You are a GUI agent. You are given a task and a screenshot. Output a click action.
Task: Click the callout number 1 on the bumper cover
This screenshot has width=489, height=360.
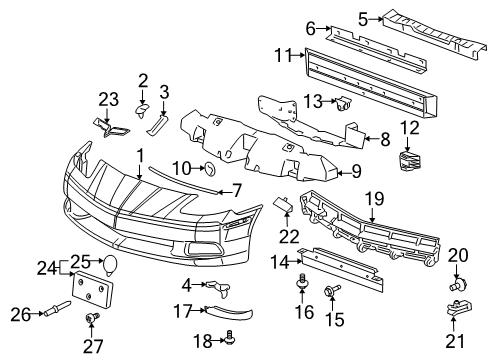point(141,157)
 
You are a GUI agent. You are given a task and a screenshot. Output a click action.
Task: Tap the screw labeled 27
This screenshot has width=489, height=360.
point(93,318)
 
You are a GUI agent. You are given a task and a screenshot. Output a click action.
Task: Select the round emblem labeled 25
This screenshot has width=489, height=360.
point(111,266)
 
